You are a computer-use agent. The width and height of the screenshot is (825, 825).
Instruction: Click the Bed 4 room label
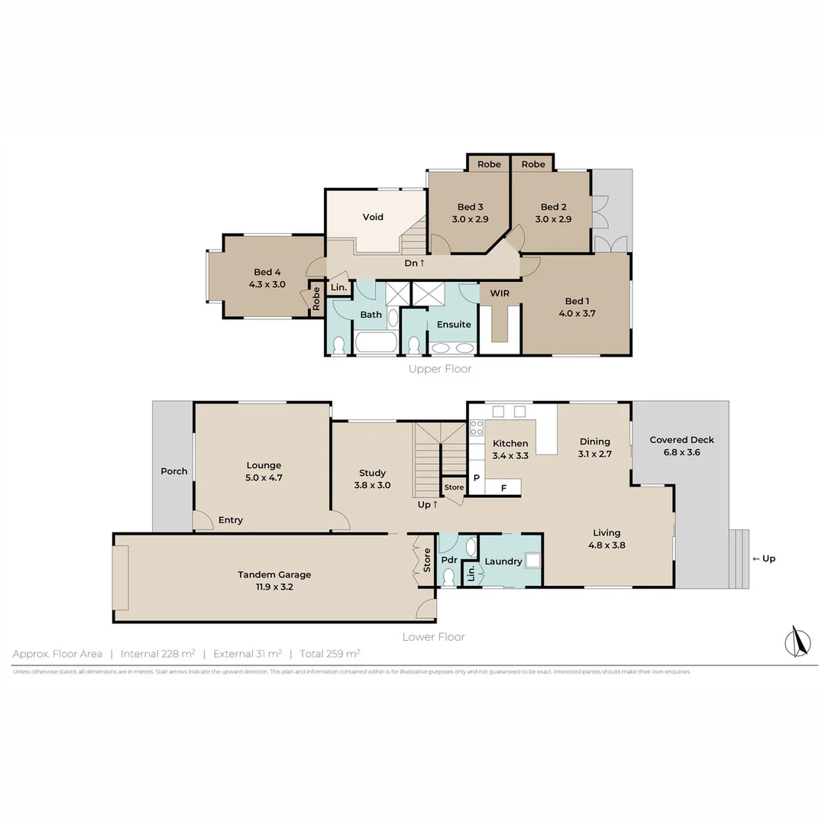tap(267, 272)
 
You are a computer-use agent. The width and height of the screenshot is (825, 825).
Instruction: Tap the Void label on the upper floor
tap(373, 217)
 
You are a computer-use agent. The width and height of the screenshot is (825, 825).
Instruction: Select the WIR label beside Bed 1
tap(500, 293)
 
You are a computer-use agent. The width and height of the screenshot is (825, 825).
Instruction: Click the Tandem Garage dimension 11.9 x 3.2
tap(274, 587)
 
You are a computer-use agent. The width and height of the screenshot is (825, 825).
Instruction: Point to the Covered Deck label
tap(681, 440)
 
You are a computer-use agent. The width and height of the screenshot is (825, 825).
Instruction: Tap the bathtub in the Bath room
tap(376, 343)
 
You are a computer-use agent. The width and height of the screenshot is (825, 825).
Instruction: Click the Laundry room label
tap(503, 561)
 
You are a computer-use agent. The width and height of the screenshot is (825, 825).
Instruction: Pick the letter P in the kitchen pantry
tap(476, 478)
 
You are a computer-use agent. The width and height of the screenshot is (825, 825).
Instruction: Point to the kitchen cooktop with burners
tap(476, 428)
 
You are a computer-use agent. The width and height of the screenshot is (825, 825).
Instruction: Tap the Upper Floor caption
tap(440, 369)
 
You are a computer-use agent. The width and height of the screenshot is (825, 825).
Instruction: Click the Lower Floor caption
tap(433, 636)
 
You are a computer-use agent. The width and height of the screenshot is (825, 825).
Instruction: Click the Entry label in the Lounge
tap(230, 520)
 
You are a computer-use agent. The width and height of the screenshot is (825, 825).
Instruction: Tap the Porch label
tap(173, 471)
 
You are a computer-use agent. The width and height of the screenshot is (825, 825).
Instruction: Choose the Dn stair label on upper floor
tap(414, 263)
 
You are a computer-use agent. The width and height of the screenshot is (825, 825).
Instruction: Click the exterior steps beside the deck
tap(739, 559)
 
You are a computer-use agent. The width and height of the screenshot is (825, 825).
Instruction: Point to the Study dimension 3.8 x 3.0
tap(372, 485)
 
